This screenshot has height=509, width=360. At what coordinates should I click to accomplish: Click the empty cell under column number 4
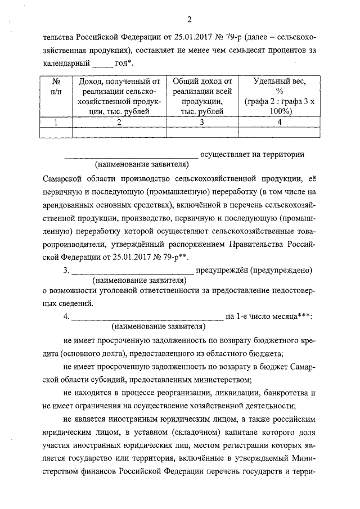pyautogui.click(x=272, y=133)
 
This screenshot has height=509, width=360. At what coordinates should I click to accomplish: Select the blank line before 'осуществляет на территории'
pyautogui.click(x=130, y=154)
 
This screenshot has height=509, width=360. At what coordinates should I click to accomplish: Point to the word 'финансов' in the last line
pyautogui.click(x=102, y=487)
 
